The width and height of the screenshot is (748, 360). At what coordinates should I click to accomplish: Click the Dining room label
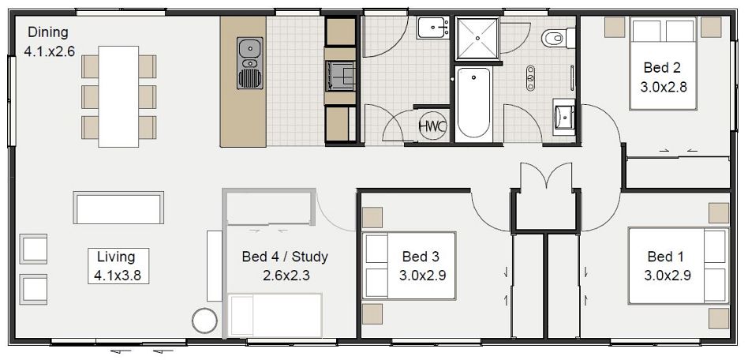click(48, 32)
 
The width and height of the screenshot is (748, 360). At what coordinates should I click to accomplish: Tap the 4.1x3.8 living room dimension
click(116, 276)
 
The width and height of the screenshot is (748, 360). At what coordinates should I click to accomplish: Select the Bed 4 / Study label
click(284, 257)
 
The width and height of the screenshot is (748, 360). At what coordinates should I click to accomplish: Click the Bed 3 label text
click(420, 257)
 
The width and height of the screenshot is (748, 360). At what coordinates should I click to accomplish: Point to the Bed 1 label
click(665, 257)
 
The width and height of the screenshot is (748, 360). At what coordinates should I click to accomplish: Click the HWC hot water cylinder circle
click(432, 126)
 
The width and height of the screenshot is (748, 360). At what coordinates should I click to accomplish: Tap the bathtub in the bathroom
click(473, 103)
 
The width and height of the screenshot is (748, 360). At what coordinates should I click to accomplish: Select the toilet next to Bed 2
click(557, 36)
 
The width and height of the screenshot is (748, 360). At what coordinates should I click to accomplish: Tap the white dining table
click(118, 96)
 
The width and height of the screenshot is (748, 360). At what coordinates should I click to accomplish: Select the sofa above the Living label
click(118, 208)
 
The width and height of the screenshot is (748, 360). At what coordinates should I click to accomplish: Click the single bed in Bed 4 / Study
click(275, 315)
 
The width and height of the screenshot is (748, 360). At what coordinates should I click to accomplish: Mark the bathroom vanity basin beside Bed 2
click(565, 117)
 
